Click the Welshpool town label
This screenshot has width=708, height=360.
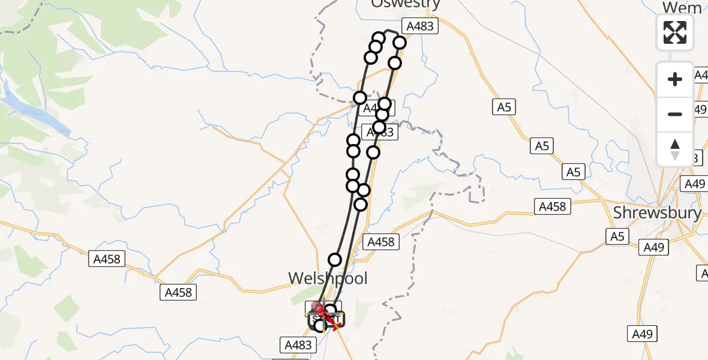tap(328, 278)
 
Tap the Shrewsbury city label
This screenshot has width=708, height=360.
tap(657, 212)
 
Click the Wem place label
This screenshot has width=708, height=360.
tap(682, 7)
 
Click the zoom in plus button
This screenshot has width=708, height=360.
tap(675, 80)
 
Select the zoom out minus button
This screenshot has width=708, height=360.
tap(675, 114)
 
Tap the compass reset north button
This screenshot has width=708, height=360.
tap(675, 149)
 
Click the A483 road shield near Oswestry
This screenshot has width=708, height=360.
tap(420, 26)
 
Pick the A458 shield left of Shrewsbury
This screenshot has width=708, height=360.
tap(552, 206)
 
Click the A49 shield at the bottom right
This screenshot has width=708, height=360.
tap(643, 334)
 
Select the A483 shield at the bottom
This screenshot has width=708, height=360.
tap(298, 344)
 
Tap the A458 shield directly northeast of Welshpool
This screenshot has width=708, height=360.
tap(380, 242)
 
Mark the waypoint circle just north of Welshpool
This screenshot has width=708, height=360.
tap(335, 260)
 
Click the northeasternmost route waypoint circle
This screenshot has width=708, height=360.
tap(400, 43)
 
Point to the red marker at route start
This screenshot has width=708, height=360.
tap(318, 308)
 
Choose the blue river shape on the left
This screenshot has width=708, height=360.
tap(36, 111)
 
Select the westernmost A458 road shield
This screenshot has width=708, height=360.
tap(107, 259)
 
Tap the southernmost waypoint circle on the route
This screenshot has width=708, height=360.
tap(320, 326)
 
